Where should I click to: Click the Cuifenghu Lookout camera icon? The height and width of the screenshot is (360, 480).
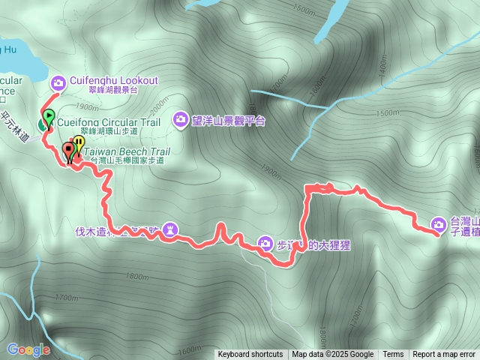(x=58, y=82)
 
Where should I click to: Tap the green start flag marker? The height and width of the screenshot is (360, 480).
(x=49, y=117)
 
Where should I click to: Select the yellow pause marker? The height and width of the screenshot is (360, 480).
(x=79, y=142)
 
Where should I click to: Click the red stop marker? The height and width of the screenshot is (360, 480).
(x=70, y=148)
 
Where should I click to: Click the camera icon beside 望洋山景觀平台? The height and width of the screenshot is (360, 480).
(x=181, y=118)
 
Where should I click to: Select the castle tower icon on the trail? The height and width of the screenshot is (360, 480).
(x=171, y=228)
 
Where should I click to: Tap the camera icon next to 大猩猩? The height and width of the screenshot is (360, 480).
(x=265, y=242)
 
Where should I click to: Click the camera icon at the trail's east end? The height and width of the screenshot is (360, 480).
(x=439, y=223)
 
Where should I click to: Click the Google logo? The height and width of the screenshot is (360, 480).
(x=28, y=349)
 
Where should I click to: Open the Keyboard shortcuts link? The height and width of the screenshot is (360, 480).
(x=250, y=355)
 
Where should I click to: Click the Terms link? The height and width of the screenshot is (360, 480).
(x=393, y=355)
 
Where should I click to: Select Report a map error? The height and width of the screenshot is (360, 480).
(x=444, y=355)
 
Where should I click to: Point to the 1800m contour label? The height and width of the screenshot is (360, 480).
(x=138, y=256)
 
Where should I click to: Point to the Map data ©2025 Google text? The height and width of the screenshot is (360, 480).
(x=333, y=355)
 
